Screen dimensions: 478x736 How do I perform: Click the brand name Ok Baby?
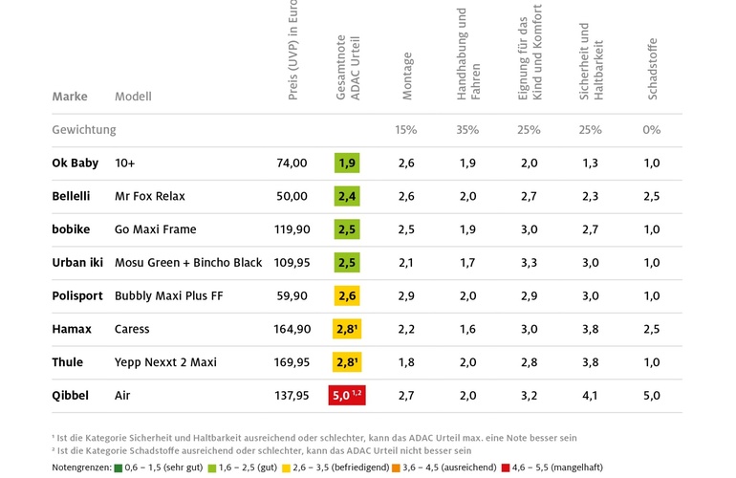coord(75,163)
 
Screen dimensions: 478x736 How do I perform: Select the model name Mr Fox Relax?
coord(150,196)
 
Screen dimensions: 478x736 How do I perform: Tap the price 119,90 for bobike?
coord(291,229)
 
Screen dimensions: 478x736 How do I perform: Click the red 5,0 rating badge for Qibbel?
coord(346,395)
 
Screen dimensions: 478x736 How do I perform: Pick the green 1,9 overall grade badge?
coord(347,163)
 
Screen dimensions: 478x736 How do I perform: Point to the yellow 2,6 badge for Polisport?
coord(347,295)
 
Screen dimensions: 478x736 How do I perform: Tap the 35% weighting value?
coord(467,130)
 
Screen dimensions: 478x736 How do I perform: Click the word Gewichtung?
coord(83,130)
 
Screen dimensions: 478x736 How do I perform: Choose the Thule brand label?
coord(67,362)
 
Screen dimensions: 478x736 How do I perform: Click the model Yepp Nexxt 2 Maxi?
coord(165,362)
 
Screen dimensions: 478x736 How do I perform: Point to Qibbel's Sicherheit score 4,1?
coord(590,395)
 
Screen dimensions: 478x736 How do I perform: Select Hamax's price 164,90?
coord(291,329)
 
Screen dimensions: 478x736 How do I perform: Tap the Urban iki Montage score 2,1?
coord(406,263)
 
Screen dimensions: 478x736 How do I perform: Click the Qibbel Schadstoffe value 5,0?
coord(652,395)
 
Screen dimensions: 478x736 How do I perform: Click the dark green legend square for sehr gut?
coord(117,467)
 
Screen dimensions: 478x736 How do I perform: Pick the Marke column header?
coord(70,97)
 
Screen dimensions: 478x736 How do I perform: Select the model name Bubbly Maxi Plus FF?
coord(173,295)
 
